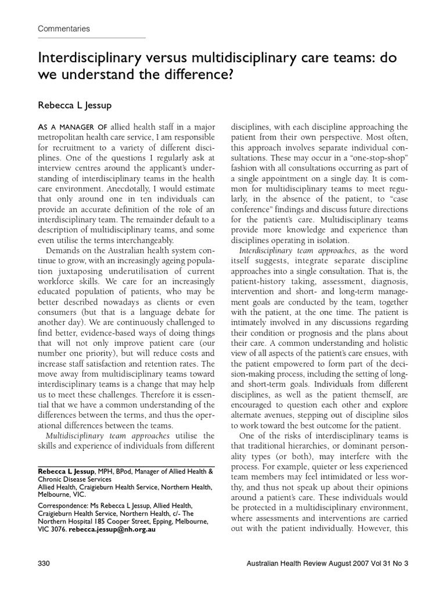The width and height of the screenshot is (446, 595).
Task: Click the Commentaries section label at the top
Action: [x=64, y=28]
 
